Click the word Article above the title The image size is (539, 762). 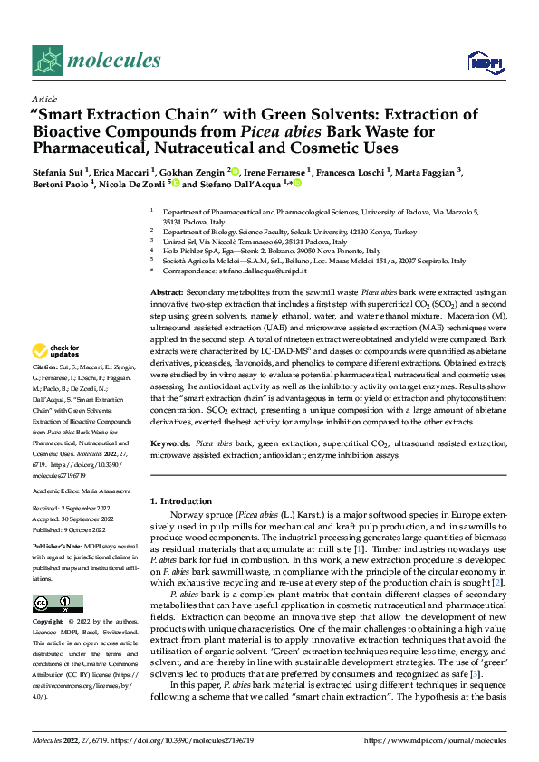[43, 99]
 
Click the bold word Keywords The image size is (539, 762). [170, 443]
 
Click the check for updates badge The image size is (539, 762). [55, 352]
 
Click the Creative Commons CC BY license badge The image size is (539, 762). [57, 604]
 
